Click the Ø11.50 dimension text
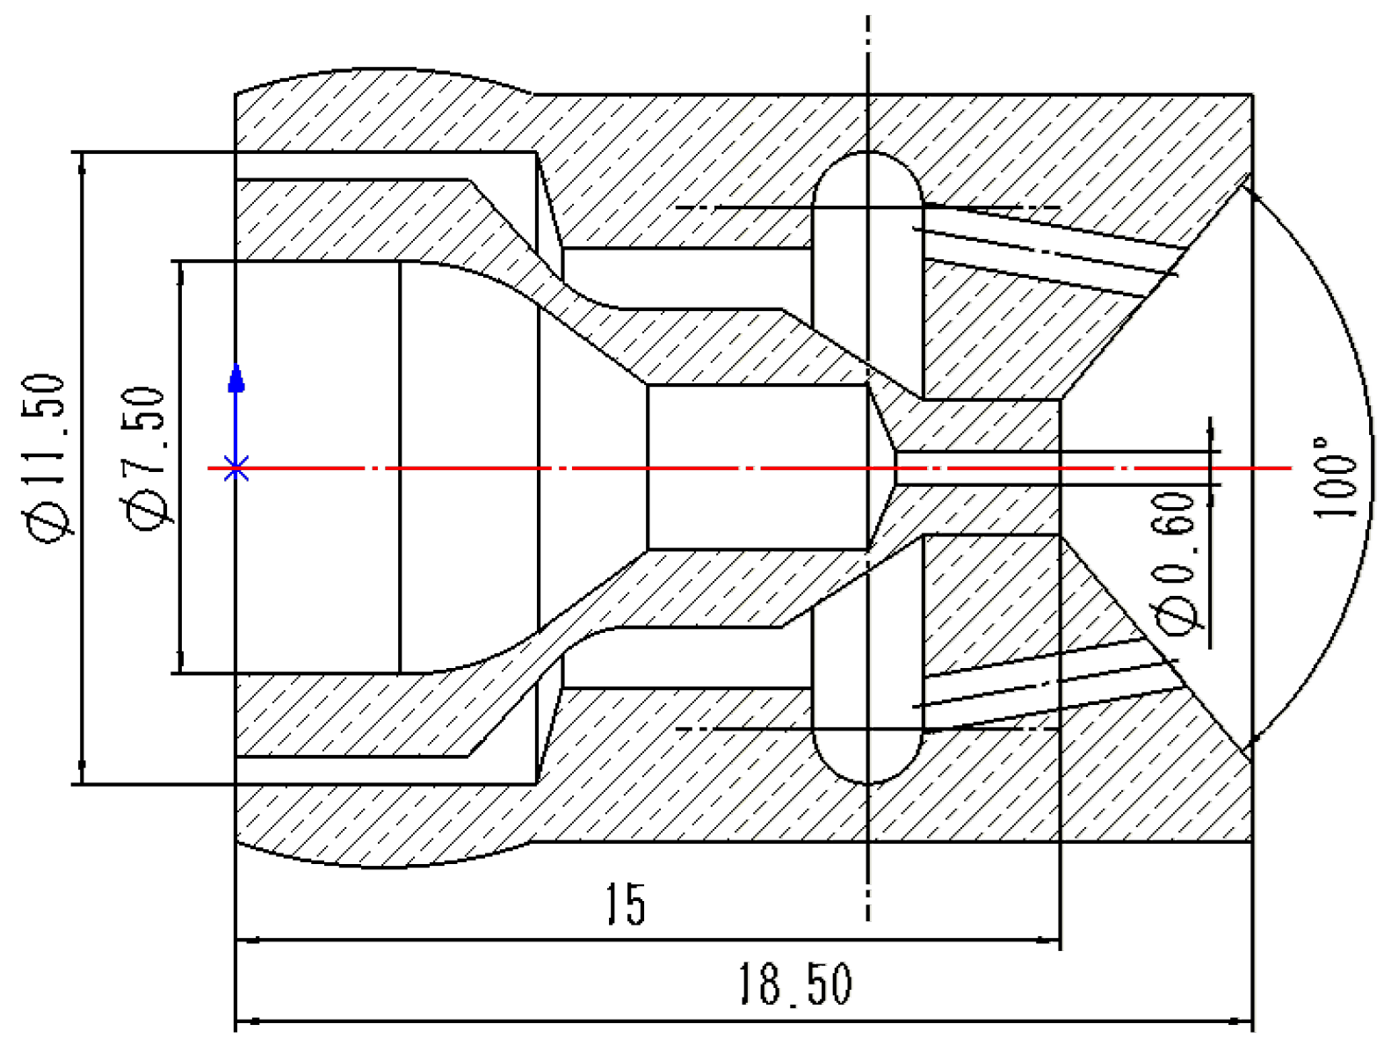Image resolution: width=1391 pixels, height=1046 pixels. [44, 457]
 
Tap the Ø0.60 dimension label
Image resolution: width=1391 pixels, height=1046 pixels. [1176, 563]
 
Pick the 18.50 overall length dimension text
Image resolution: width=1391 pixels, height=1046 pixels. [793, 984]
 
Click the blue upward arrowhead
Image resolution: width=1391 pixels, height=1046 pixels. [235, 378]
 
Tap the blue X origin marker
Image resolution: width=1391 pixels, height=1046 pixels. [235, 469]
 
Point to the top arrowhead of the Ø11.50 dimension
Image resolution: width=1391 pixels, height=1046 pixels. [82, 163]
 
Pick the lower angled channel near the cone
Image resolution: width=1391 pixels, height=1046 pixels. [1046, 686]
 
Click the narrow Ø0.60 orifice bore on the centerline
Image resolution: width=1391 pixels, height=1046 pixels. [975, 468]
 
